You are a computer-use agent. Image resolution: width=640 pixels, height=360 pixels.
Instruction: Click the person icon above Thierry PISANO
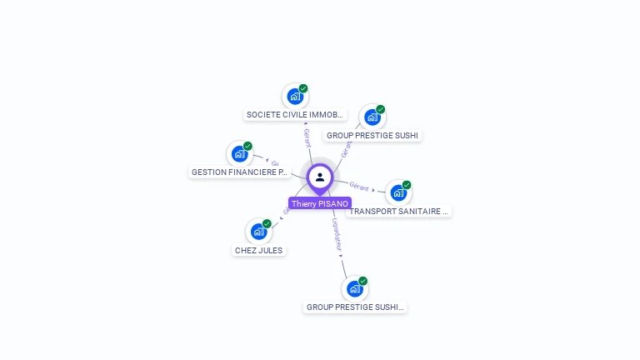click(320, 177)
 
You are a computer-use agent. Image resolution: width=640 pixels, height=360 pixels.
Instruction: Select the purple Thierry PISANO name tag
click(320, 203)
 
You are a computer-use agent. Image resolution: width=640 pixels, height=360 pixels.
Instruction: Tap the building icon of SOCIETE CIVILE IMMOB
click(295, 97)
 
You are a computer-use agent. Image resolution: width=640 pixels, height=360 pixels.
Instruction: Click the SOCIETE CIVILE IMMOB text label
click(295, 115)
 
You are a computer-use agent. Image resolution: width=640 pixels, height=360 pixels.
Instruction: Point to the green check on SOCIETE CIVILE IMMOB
click(303, 88)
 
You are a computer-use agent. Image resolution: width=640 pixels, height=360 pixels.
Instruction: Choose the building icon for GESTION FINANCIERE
click(240, 154)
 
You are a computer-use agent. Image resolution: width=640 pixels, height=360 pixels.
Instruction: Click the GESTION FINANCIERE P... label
click(240, 172)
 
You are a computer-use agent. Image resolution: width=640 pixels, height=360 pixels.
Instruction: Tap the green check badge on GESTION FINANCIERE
click(247, 146)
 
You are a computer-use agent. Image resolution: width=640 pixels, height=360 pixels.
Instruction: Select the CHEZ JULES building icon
click(259, 232)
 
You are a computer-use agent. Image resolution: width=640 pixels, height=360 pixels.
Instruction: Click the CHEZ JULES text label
click(259, 250)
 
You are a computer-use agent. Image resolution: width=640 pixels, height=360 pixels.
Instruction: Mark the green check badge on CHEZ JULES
click(267, 223)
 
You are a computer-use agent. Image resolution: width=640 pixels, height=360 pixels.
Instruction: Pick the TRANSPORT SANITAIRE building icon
click(399, 193)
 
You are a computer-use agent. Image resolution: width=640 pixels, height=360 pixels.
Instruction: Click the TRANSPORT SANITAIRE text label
click(399, 212)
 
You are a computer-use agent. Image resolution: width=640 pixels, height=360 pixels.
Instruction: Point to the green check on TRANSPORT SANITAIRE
click(407, 185)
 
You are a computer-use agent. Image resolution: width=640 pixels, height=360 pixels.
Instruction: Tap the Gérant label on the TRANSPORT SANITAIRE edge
click(360, 186)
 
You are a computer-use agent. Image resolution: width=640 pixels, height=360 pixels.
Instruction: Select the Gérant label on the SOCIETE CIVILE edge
click(307, 137)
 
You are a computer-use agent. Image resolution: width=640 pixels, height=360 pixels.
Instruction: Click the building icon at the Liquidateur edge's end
click(355, 289)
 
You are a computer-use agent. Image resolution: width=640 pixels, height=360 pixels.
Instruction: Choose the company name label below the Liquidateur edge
click(355, 307)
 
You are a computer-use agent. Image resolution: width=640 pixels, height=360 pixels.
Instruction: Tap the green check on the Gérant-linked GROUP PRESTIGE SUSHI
click(380, 109)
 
